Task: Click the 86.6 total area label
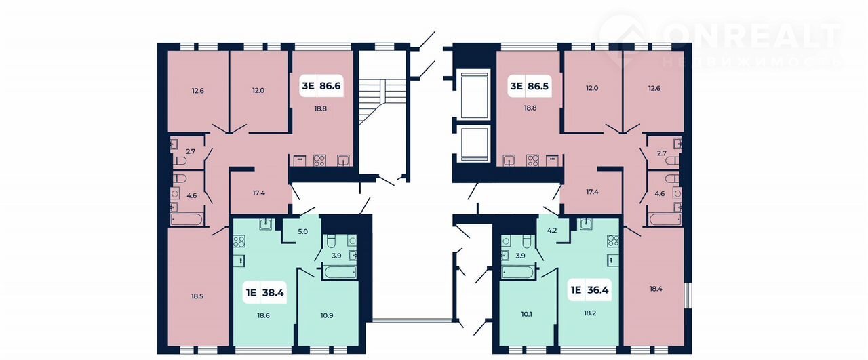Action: [330, 85]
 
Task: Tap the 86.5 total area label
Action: [538, 85]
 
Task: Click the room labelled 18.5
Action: [197, 296]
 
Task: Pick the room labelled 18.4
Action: [656, 289]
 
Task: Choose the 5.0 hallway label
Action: [302, 231]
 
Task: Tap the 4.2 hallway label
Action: [552, 230]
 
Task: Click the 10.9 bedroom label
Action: [327, 315]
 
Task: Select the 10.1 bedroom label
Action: [526, 314]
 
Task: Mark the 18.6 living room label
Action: [263, 315]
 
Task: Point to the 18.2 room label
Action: [590, 313]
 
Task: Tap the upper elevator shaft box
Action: [474, 95]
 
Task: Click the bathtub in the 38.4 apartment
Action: [340, 272]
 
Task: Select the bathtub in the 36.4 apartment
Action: [518, 272]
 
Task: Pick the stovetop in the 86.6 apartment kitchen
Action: [319, 161]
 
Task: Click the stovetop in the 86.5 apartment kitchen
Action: [532, 161]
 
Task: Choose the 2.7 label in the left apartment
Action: [191, 151]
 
